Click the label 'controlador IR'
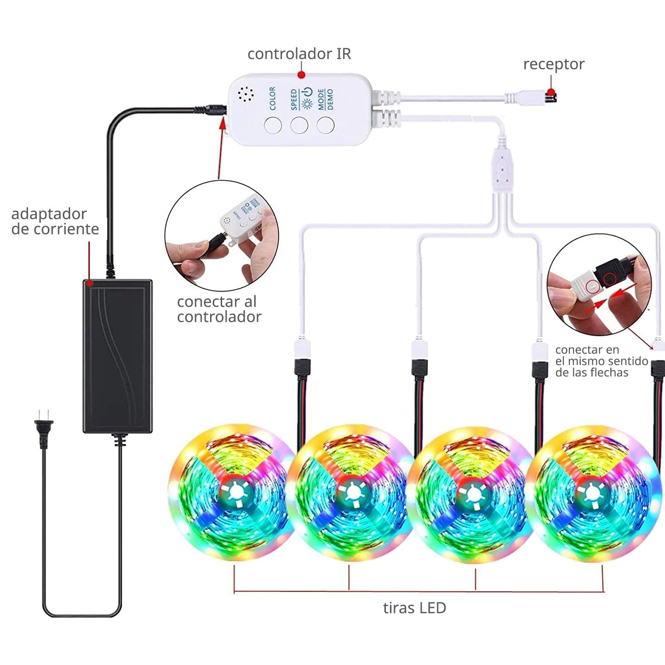coord(299,54)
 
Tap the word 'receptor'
coord(553,64)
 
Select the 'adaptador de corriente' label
coord(55,221)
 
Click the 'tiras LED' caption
coord(414,608)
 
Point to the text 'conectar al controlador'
coord(219,309)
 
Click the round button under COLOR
coord(273,125)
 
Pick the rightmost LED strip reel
coord(592,493)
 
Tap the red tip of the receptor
coord(552,94)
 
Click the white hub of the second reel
coord(352,492)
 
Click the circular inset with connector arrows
coord(598,288)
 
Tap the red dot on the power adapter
coord(89,282)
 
